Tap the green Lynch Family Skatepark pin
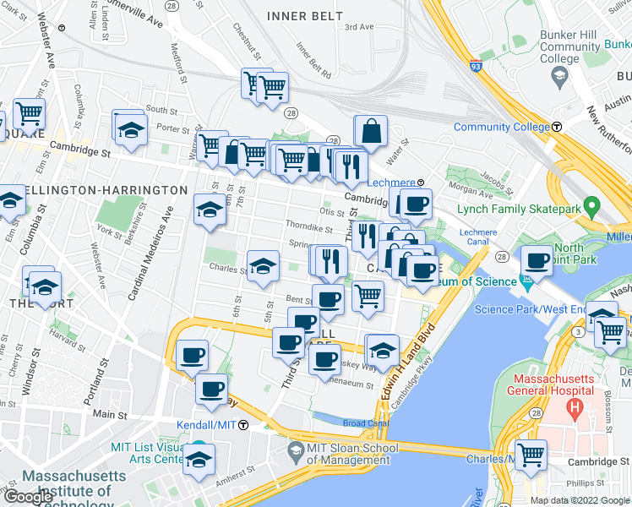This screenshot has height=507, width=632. click(x=592, y=205)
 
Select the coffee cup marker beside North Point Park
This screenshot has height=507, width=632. click(x=537, y=260)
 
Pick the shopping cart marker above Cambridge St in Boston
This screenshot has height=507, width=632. click(x=531, y=455)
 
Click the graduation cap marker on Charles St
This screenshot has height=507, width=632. click(x=263, y=266)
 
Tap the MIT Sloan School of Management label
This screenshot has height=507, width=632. click(x=338, y=453)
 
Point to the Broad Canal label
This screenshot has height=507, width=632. click(x=365, y=422)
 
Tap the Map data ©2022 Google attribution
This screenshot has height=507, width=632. click(x=579, y=500)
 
